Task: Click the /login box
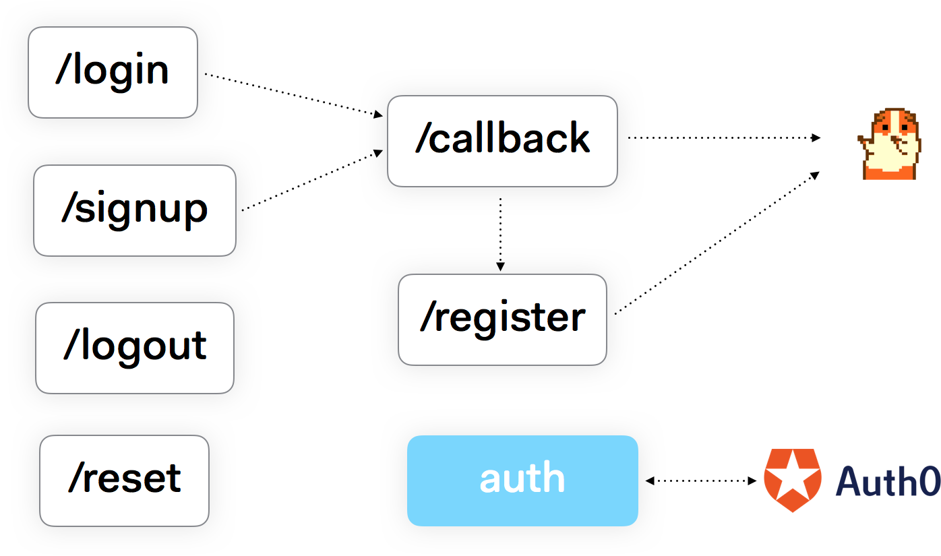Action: point(113,72)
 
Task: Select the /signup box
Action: point(135,210)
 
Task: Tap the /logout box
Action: point(135,348)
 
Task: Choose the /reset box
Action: point(124,481)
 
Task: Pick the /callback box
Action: point(502,141)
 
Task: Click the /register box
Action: point(502,319)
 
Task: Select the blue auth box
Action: point(522,481)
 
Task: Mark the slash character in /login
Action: point(63,70)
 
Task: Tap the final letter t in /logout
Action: point(200,346)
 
